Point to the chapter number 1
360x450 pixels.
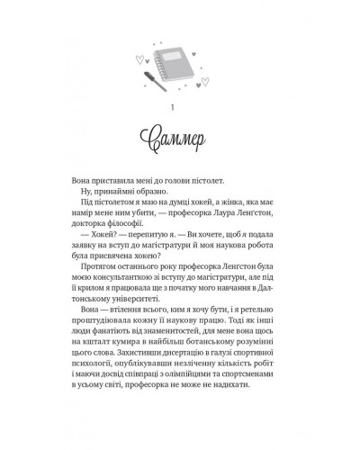tap(181, 112)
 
